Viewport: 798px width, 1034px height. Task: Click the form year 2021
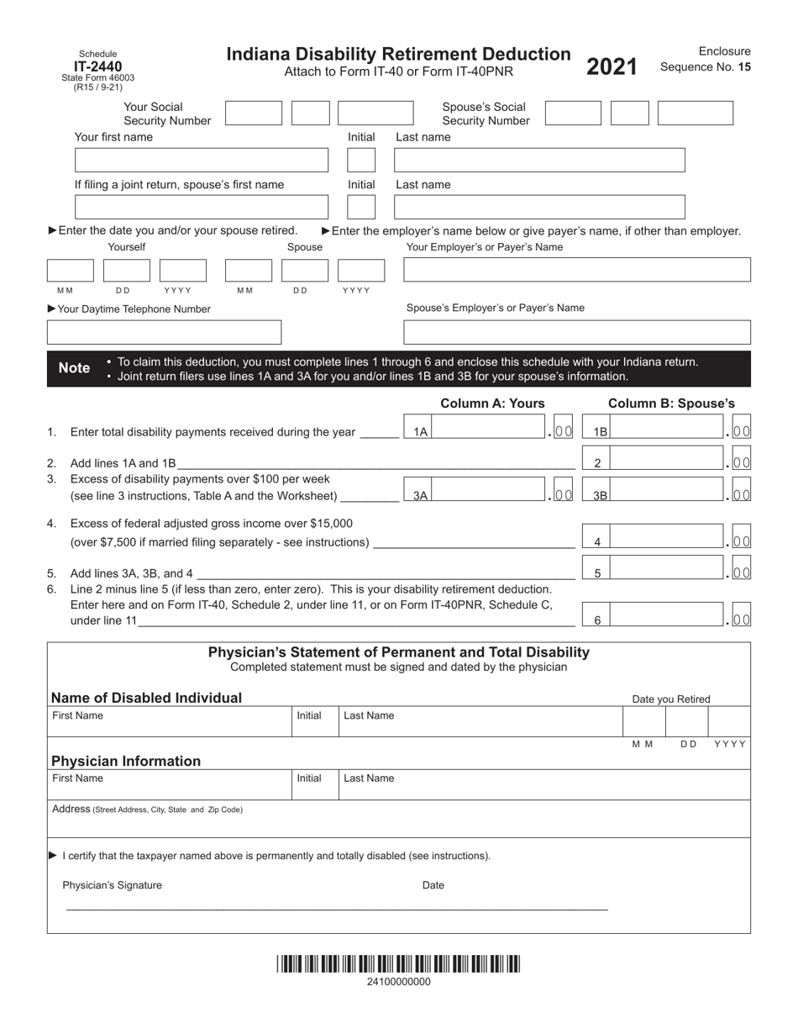[612, 67]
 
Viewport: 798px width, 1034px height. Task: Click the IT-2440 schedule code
[97, 67]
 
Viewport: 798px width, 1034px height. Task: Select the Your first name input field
[202, 161]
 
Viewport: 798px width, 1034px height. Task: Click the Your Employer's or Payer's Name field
[577, 270]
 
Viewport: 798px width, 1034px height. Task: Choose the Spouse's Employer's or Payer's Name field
[577, 332]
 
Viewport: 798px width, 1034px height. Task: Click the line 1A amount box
[491, 430]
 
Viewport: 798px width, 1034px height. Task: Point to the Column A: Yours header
[492, 404]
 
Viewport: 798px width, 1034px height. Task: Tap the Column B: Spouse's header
[671, 404]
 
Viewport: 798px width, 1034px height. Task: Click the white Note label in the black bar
[74, 368]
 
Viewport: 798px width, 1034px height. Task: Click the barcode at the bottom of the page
[398, 963]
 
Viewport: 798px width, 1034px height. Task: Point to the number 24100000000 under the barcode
[399, 982]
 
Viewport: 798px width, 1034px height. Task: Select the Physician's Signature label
[112, 885]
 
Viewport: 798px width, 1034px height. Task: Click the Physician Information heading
[126, 761]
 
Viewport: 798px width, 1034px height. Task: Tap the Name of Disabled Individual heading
[146, 698]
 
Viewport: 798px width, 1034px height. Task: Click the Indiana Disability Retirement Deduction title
[398, 55]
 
